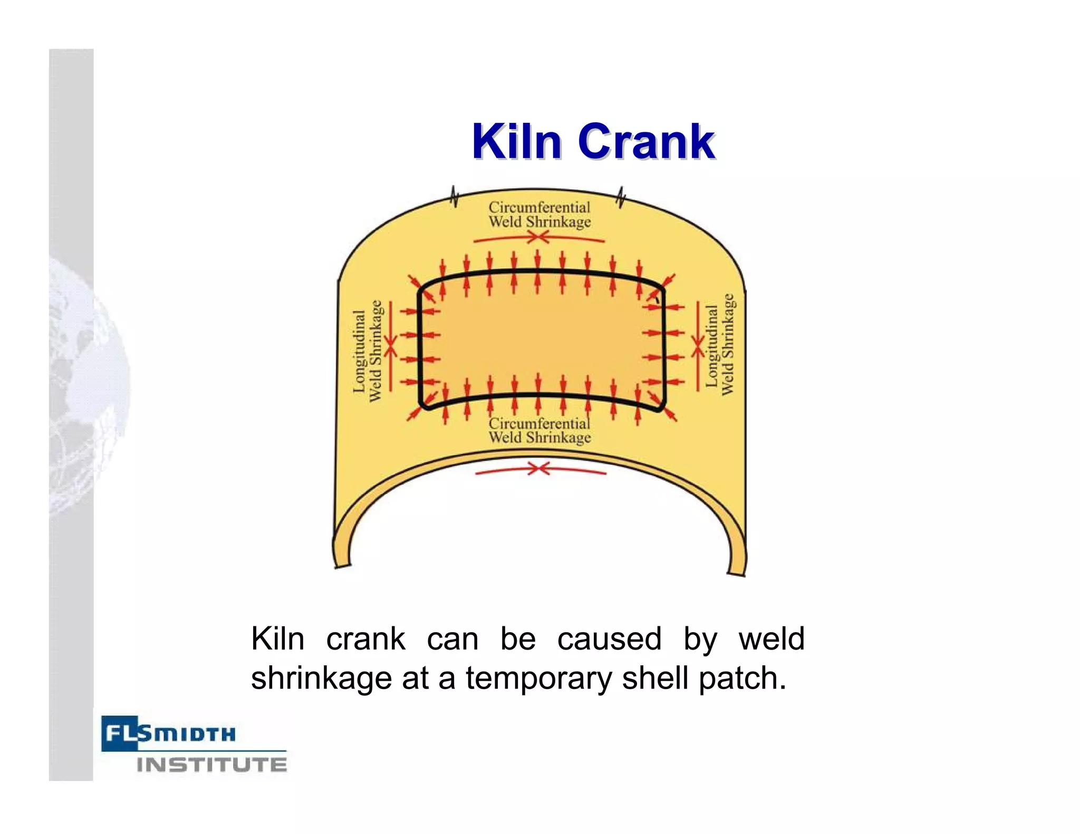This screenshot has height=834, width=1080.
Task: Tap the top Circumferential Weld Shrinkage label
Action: [539, 215]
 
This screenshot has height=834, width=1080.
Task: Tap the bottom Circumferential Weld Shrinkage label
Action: [539, 431]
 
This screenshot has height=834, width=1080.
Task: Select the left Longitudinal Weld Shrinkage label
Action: [367, 351]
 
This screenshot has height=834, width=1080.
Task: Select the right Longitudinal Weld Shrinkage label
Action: [720, 345]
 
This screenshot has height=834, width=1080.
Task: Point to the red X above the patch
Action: [538, 238]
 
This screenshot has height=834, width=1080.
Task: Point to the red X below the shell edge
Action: [538, 468]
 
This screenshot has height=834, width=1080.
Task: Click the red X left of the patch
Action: [390, 346]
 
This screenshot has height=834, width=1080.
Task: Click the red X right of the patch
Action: [698, 345]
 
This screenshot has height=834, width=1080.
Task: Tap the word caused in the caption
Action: [609, 639]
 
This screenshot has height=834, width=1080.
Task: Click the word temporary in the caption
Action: [539, 678]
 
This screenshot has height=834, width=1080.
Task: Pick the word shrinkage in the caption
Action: [321, 678]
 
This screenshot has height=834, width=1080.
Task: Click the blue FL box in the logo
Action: [119, 733]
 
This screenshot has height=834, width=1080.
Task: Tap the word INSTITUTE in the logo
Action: [212, 764]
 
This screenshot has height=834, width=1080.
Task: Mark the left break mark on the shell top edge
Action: [454, 197]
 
